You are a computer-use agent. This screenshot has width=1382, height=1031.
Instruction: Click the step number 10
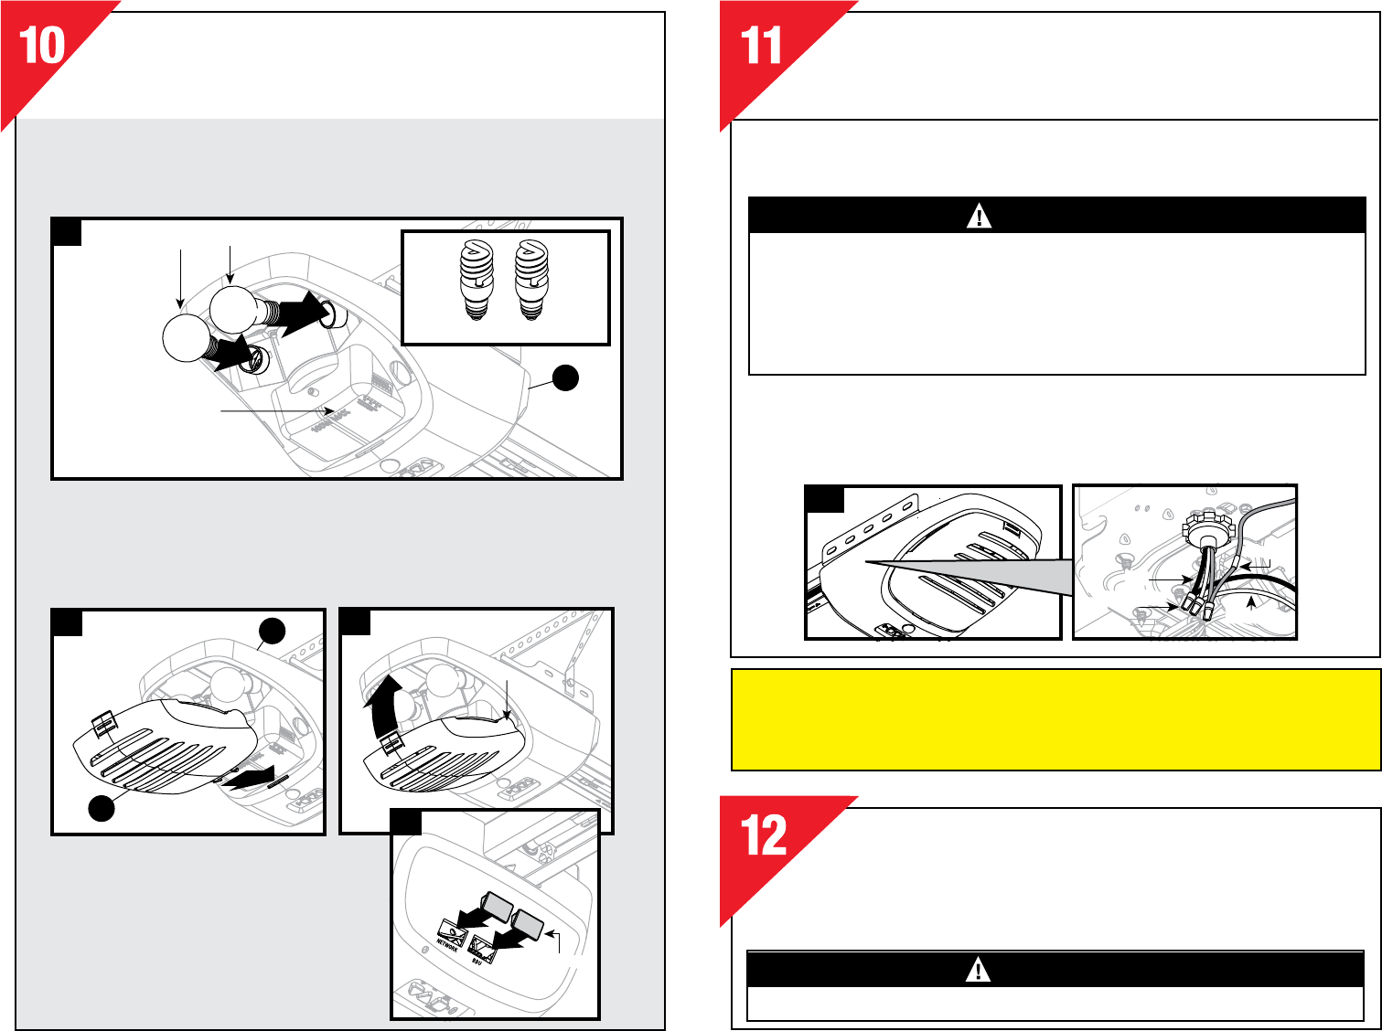(x=42, y=46)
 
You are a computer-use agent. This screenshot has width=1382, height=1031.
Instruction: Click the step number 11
(x=761, y=46)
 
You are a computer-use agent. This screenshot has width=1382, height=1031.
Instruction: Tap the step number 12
(x=763, y=835)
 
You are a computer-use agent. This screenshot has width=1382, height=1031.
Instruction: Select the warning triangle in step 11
(x=979, y=216)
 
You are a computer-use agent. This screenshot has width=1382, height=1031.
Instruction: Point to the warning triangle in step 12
(x=978, y=970)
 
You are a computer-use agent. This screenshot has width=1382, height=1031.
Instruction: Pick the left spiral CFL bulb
(x=477, y=280)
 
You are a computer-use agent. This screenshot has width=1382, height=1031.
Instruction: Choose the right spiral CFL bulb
(x=531, y=280)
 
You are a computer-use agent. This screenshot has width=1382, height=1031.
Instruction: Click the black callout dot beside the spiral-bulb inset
(x=565, y=378)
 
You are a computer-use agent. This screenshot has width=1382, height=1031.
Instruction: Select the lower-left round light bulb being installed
(x=187, y=338)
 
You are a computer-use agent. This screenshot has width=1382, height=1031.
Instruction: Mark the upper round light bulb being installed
(x=233, y=310)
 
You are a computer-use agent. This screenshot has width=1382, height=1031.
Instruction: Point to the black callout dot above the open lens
(x=272, y=631)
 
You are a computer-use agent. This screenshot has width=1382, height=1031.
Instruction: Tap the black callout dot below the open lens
(x=102, y=808)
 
